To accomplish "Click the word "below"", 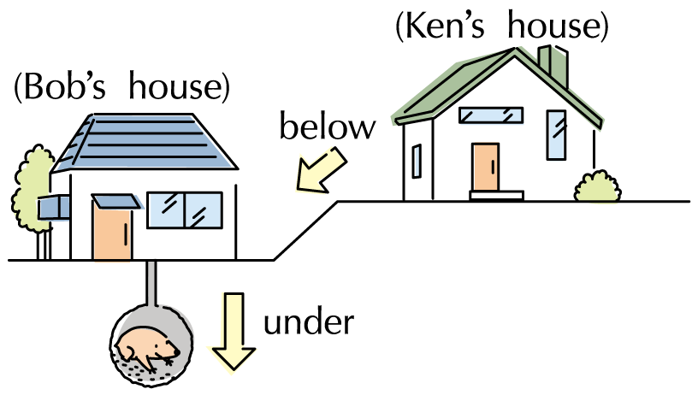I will (328, 127).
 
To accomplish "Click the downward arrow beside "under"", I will (235, 329).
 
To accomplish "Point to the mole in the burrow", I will (147, 347).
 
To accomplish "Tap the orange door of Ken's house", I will (485, 167).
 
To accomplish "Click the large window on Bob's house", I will (184, 210).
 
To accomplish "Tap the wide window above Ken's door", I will (490, 115).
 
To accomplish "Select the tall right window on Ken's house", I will (556, 134).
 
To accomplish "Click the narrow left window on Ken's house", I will (417, 161).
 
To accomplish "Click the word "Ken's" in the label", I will (445, 27).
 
